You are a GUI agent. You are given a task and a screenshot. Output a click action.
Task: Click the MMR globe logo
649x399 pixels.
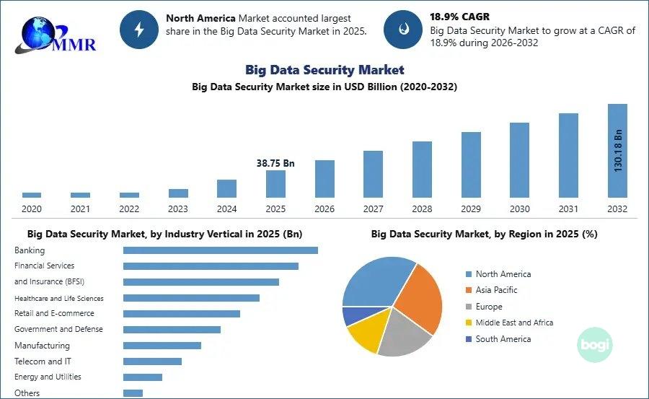point(55,35)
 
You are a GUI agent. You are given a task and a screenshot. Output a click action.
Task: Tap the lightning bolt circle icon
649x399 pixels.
point(139,30)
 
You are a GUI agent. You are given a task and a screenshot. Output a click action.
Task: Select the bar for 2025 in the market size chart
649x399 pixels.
point(275,184)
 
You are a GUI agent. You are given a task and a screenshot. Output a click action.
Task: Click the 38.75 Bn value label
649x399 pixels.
point(275,163)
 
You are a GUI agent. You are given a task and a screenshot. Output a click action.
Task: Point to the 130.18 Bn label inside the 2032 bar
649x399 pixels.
point(617,151)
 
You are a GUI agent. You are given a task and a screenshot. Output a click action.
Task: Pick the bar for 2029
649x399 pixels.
point(471,165)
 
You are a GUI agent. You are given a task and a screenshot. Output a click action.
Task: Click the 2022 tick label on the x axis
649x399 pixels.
point(129,209)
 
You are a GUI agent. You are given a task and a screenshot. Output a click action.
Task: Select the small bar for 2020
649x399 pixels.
point(32,195)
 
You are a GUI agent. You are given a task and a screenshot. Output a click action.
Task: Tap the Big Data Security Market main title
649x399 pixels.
point(324,69)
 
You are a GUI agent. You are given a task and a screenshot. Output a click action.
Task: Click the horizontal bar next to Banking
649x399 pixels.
point(221,250)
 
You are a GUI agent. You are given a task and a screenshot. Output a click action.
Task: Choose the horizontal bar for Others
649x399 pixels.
point(133,393)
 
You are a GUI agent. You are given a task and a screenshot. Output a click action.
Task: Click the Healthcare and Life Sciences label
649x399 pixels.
point(59,298)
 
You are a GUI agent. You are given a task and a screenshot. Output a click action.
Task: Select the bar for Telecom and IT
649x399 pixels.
point(152,361)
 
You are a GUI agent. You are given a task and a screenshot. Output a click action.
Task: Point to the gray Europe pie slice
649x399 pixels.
point(402,335)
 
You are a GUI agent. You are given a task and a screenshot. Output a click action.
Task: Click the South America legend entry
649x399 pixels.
point(498,339)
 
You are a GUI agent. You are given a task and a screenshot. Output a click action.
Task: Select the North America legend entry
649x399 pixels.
point(498,274)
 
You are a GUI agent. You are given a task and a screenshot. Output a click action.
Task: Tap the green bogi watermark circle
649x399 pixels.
point(595,345)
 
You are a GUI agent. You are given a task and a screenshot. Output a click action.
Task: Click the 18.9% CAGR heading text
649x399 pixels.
point(459,17)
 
